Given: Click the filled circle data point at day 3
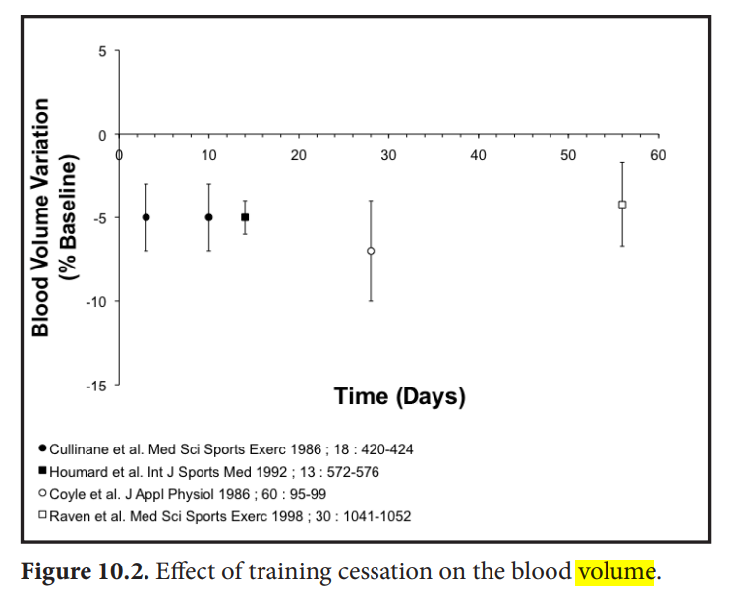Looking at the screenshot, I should (x=146, y=217).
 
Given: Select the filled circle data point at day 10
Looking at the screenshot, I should (x=209, y=217).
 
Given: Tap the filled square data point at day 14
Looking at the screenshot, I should (x=245, y=217).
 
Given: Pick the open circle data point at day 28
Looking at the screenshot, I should (x=371, y=251).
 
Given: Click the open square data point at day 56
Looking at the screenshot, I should (x=622, y=205).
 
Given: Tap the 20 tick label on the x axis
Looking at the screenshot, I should (x=299, y=155).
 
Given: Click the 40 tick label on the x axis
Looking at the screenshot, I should (x=479, y=155).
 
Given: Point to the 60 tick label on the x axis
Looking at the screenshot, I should (x=658, y=155).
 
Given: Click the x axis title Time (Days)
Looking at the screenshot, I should (x=400, y=397).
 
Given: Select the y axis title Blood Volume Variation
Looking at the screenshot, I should (x=41, y=217).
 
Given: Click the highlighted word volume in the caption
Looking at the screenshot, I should (x=615, y=569).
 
